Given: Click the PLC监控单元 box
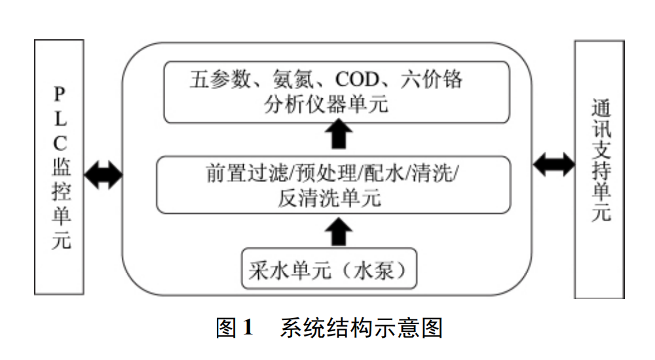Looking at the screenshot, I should (x=59, y=166).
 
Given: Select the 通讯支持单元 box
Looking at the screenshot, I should (x=599, y=169).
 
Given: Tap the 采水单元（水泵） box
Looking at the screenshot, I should (x=329, y=269).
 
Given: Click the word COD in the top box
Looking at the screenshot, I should (x=358, y=81).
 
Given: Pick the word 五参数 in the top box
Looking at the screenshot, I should (x=220, y=81).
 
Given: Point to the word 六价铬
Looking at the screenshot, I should (x=435, y=81).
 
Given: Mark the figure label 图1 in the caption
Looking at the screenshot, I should (x=234, y=328).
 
